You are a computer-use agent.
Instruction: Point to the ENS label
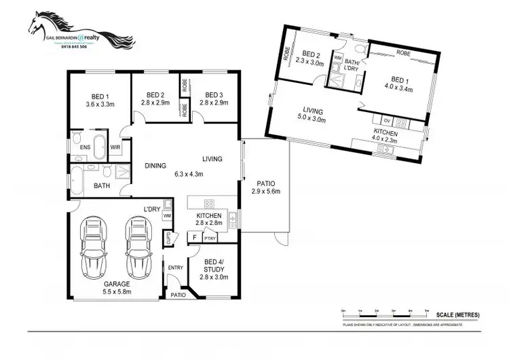pos(86,147)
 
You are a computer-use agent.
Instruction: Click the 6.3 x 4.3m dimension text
pos(188,174)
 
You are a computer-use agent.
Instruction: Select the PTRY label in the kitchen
pos(210,238)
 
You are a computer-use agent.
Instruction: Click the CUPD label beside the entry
pos(167,238)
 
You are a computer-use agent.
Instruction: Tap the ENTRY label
pos(176,268)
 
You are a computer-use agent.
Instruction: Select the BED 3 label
pos(214,94)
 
